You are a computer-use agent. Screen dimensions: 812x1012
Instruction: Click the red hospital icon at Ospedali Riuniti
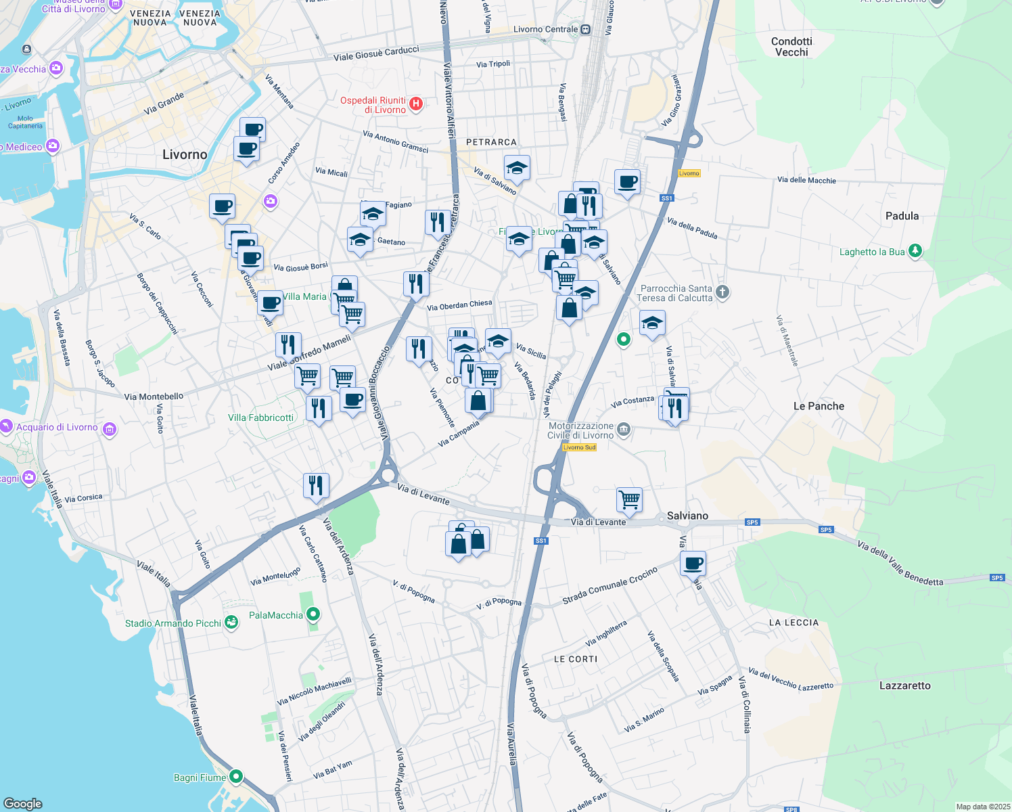416,104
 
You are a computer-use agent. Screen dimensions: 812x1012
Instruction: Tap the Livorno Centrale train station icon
586,29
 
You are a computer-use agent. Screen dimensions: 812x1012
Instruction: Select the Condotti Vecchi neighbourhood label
791,47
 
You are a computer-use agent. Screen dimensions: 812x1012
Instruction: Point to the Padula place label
902,216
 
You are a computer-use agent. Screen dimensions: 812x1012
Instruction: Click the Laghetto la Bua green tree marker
915,251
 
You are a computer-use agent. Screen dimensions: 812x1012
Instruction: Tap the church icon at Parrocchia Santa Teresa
722,292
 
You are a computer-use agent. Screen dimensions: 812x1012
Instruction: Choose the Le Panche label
819,406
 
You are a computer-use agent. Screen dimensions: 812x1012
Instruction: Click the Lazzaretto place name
904,685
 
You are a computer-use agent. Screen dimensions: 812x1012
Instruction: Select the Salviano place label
687,516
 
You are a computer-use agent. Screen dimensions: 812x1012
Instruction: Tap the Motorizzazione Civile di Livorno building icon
624,429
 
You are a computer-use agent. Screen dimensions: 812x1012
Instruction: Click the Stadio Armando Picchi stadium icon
231,623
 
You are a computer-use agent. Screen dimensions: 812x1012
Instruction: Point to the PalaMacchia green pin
313,614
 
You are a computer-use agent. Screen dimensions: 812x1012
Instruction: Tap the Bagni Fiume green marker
236,776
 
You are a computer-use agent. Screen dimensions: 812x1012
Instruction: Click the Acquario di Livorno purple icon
110,428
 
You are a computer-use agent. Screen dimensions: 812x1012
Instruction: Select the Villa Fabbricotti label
260,418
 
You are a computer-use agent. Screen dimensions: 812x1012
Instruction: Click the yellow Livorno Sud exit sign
579,447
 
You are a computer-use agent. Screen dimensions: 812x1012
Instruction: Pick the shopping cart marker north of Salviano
629,499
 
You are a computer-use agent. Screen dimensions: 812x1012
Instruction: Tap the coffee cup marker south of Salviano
693,563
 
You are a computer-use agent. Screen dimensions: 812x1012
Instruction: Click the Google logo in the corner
23,803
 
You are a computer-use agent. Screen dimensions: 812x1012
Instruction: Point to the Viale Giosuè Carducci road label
376,53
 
